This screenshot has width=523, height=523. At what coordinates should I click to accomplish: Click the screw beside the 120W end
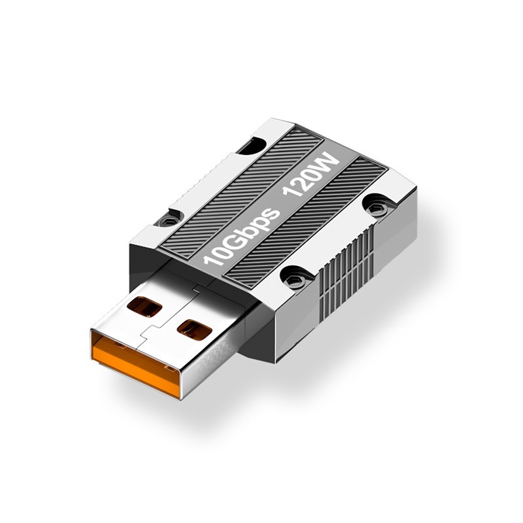click(x=375, y=207)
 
